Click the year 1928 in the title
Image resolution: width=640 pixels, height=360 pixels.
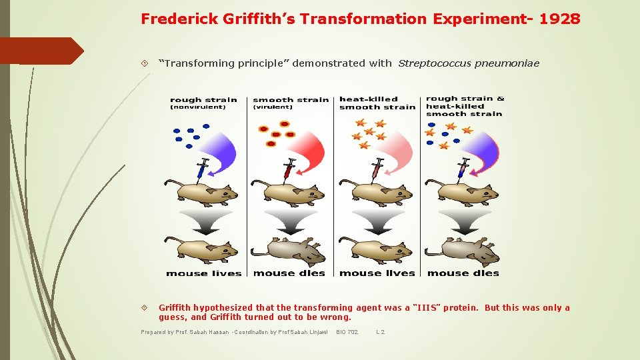[560, 19]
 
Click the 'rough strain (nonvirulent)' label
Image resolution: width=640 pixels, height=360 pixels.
[203, 103]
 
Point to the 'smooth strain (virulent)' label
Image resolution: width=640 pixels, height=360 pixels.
[290, 103]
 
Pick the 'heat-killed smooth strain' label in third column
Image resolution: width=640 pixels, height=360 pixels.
[377, 103]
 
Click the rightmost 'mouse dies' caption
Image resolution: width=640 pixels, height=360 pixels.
[463, 273]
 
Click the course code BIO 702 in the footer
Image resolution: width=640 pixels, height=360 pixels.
[347, 332]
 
